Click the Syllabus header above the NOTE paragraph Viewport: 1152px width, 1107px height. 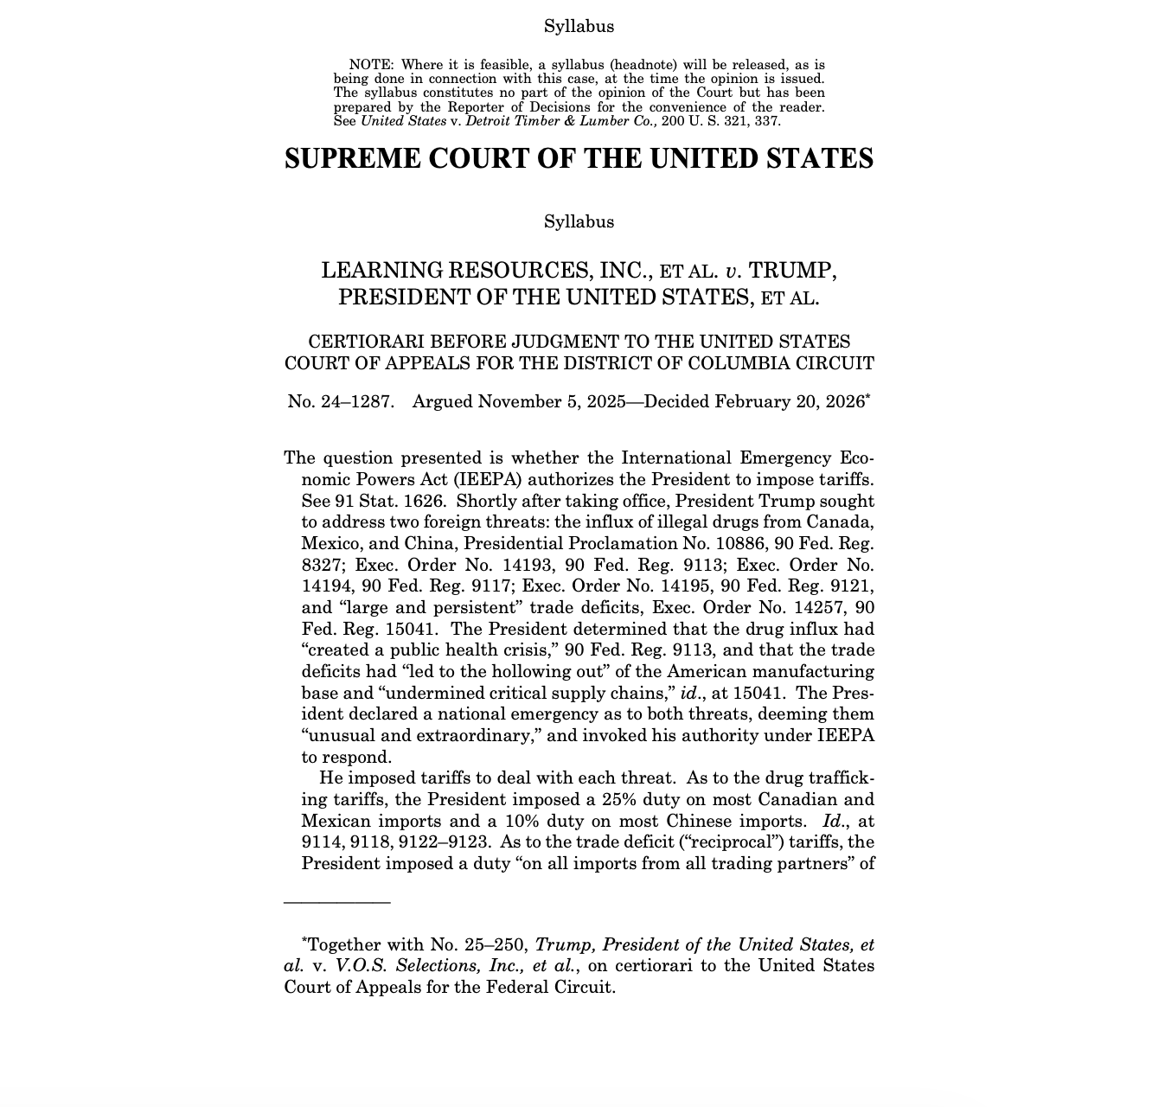579,27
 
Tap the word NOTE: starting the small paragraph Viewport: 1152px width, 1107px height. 371,65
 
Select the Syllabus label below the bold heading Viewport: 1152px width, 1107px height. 579,222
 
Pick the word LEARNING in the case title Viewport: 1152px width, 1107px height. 384,271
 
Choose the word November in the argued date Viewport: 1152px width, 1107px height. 517,402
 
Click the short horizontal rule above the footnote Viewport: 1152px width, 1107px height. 337,902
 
